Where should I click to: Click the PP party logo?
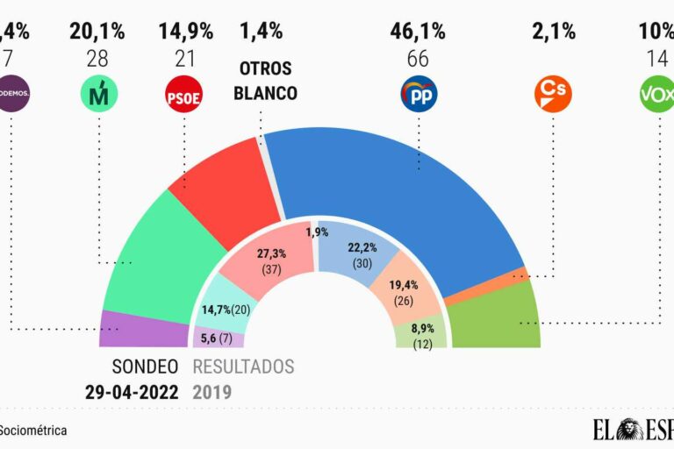click(419, 94)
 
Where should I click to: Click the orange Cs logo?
click(553, 94)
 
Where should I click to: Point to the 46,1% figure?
click(418, 32)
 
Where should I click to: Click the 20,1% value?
click(97, 32)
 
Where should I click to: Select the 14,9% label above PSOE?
click(186, 32)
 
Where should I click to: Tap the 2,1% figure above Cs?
click(554, 32)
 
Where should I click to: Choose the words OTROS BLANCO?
click(267, 81)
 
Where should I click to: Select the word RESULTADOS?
click(243, 367)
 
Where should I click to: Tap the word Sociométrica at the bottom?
click(32, 431)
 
